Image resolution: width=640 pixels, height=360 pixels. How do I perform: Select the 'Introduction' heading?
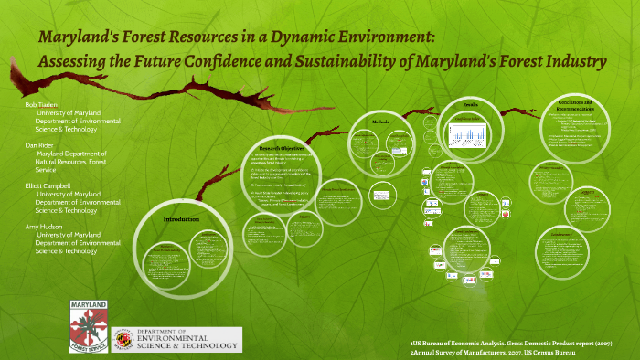[x=181, y=220]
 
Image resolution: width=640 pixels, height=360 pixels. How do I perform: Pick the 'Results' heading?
[x=471, y=105]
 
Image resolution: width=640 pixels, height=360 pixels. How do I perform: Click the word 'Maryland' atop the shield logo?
[x=89, y=302]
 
